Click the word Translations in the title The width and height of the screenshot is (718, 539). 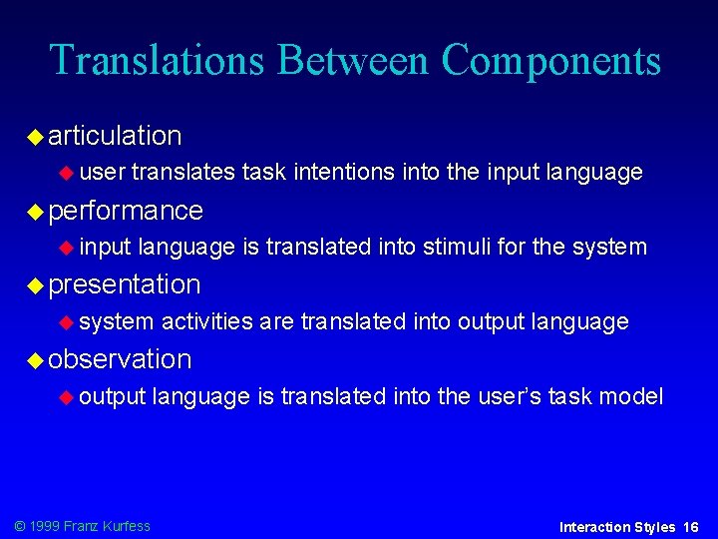pos(158,60)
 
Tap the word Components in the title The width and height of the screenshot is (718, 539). pos(550,60)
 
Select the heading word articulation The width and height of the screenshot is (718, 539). pos(115,135)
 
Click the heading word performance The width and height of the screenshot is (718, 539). pos(126,211)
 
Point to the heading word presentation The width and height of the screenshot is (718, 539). pos(125,284)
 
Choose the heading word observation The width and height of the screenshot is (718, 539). pos(120,358)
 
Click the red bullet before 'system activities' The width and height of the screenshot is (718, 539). pos(67,322)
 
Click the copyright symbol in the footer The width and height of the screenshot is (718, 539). pos(18,526)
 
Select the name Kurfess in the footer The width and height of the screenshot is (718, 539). pos(126,526)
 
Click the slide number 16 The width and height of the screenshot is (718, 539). pos(691,527)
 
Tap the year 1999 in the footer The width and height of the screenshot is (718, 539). pos(45,526)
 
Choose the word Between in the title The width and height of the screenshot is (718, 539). pos(354,60)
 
